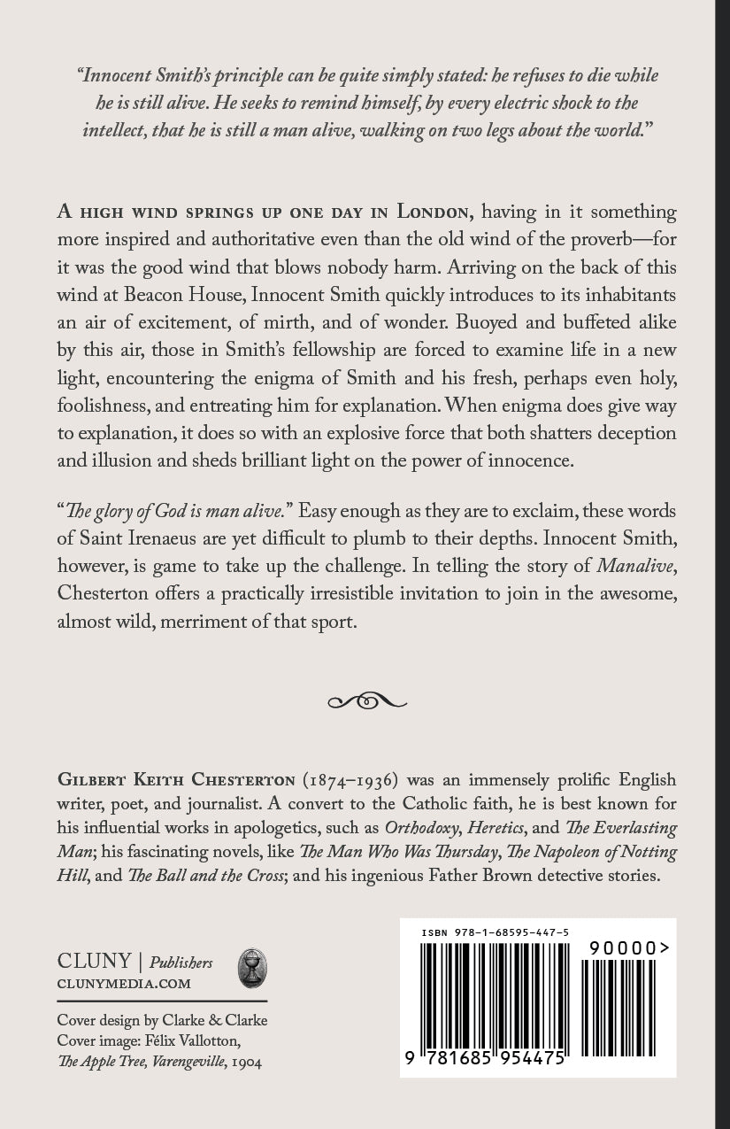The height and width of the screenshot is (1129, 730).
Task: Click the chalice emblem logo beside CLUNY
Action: [253, 968]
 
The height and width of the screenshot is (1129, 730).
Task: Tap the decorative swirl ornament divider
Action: [366, 701]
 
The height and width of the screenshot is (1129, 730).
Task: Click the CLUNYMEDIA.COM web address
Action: [123, 983]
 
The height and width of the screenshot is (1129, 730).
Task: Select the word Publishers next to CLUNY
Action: [181, 963]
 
